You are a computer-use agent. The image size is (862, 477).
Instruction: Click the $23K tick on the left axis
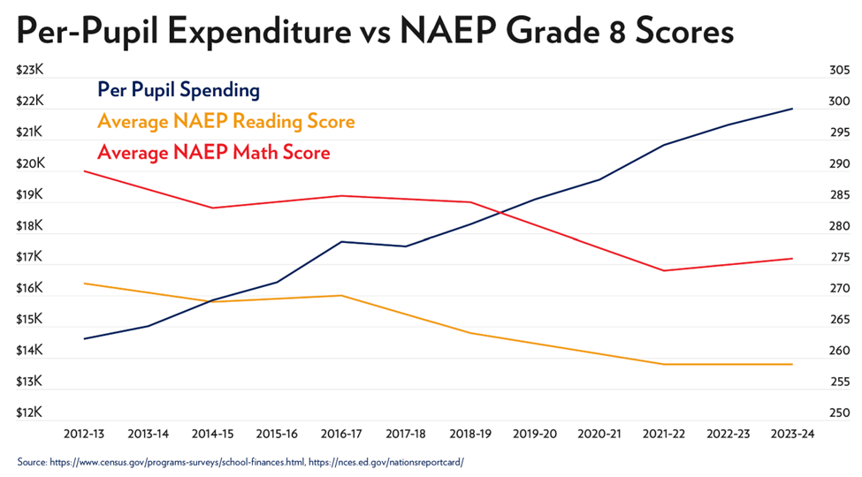[30, 70]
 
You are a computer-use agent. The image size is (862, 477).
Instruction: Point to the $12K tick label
[30, 413]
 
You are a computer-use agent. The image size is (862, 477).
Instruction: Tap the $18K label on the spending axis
[30, 226]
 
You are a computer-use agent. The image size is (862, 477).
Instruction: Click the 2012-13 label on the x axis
[85, 434]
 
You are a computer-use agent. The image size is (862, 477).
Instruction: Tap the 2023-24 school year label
[792, 434]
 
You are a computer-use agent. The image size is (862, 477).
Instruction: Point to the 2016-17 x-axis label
[342, 434]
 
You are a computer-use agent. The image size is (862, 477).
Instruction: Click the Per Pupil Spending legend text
[178, 90]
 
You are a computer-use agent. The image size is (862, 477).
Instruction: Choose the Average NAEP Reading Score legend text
[225, 121]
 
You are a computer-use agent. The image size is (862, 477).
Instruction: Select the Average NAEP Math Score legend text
[213, 152]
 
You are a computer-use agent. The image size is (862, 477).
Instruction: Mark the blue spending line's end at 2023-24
[792, 109]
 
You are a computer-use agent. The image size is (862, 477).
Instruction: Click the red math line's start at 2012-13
[85, 170]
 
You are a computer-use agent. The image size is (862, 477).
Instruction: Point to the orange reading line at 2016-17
[342, 295]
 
